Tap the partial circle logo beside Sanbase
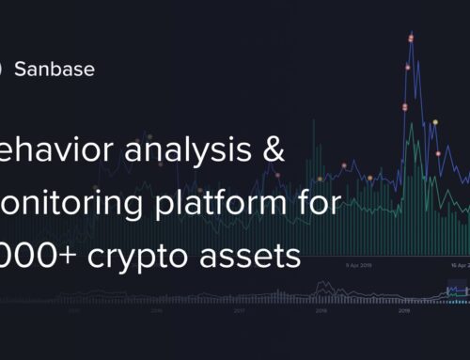pyautogui.click(x=3, y=69)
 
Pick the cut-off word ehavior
pyautogui.click(x=46, y=149)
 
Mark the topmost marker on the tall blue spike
pyautogui.click(x=411, y=39)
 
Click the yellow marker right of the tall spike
pyautogui.click(x=434, y=123)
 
